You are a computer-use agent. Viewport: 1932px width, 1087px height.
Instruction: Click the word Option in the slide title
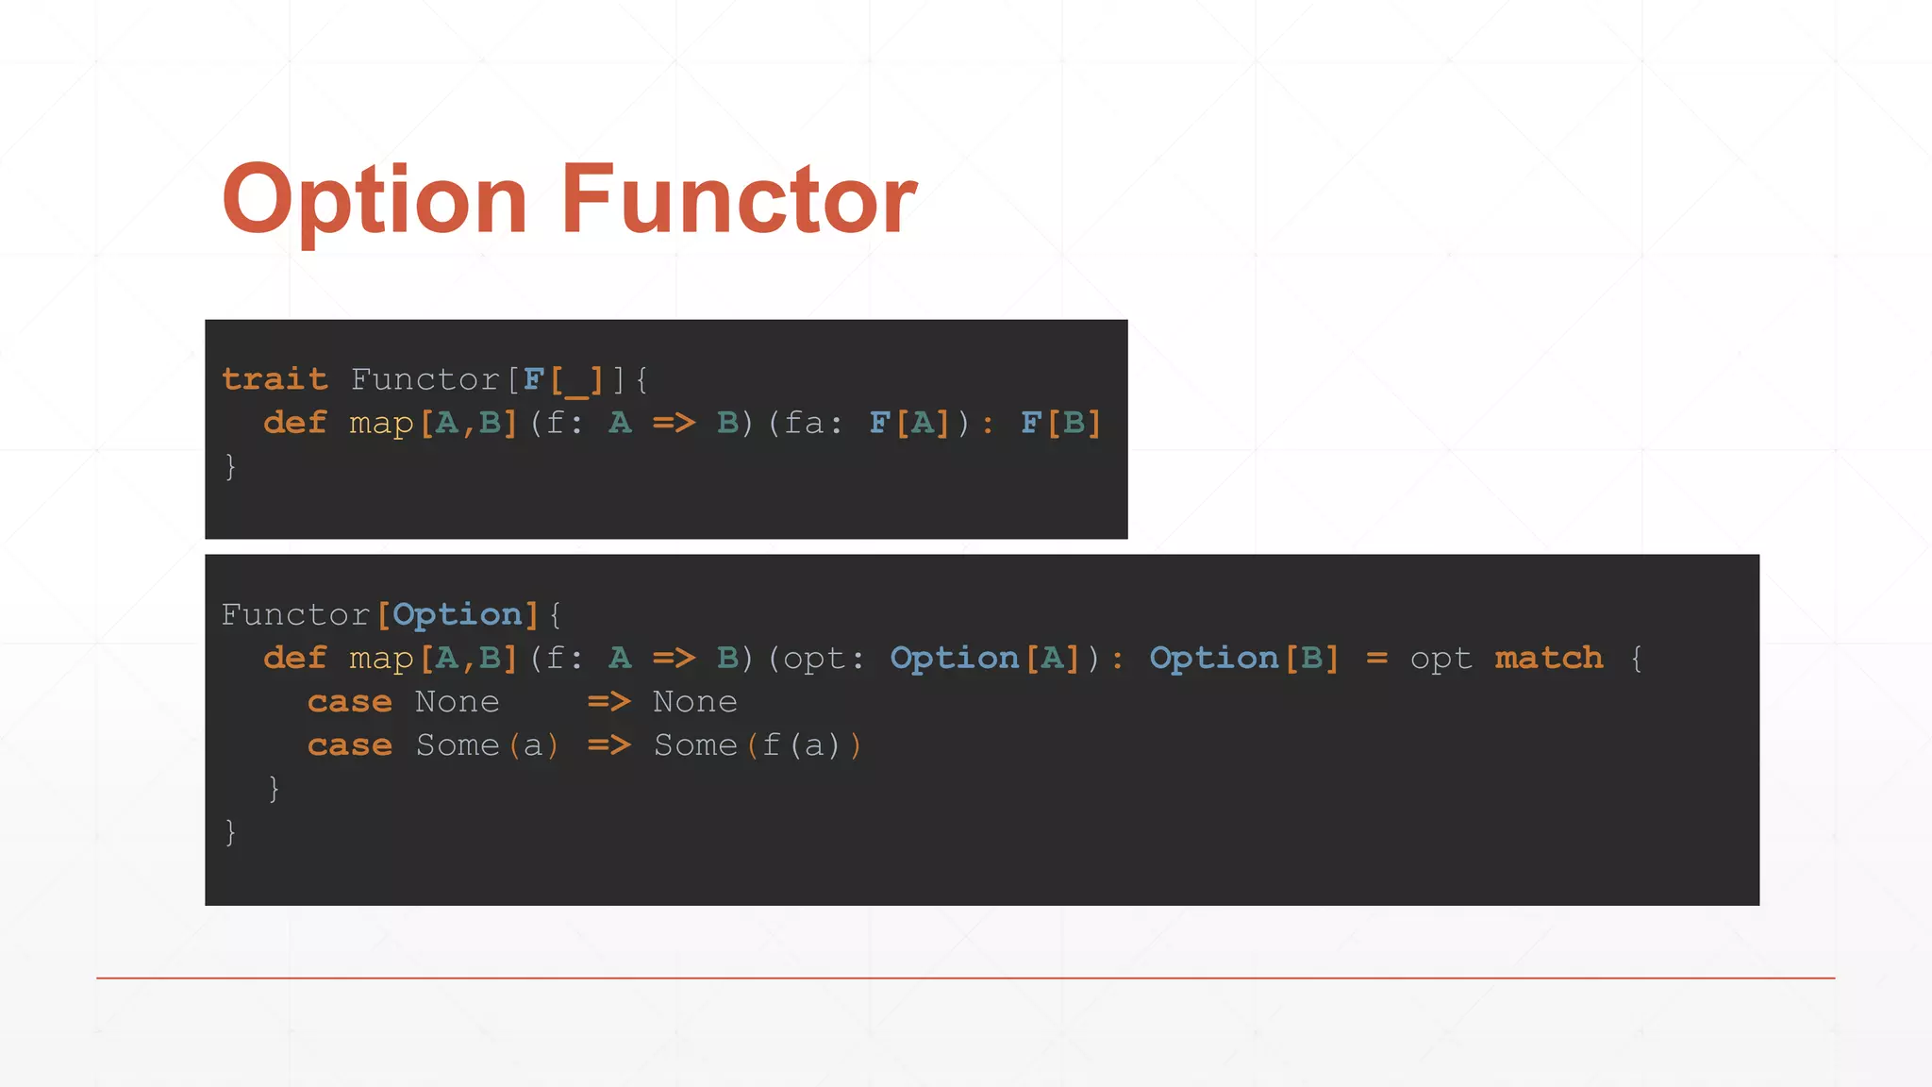pos(375,200)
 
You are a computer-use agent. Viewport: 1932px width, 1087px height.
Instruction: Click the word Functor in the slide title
pos(739,200)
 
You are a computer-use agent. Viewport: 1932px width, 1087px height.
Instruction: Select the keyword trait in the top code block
pos(275,379)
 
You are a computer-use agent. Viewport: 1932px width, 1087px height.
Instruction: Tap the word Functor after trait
pos(425,379)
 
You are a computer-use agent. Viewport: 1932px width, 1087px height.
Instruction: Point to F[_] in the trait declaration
pos(563,379)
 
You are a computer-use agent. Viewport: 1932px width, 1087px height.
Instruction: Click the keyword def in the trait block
pos(294,423)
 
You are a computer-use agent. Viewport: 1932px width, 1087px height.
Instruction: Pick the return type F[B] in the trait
pos(1061,423)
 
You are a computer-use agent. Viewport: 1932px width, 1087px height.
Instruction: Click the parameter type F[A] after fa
pos(909,423)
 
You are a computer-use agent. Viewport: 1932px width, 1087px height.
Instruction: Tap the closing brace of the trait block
pos(230,466)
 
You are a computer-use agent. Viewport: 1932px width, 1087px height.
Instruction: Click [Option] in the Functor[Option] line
pos(458,615)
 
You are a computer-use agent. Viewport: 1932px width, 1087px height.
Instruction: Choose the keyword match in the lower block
pos(1549,658)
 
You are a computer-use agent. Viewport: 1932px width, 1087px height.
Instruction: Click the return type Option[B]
pos(1244,658)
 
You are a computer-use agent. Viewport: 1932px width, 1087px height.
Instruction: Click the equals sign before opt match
pos(1376,659)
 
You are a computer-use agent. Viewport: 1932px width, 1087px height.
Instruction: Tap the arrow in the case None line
pos(609,702)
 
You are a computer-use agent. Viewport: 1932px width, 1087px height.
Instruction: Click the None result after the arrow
pos(695,702)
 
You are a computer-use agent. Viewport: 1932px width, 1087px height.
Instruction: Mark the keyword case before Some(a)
pos(349,745)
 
